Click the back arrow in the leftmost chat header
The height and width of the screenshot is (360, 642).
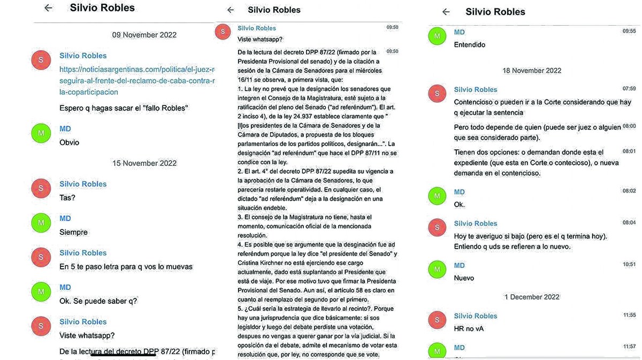(x=49, y=8)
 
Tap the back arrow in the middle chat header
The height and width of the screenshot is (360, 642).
(x=231, y=10)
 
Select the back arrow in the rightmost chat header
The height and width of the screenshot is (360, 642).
(x=446, y=12)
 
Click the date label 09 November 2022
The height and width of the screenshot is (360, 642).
(x=144, y=35)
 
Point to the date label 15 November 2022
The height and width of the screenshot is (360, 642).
(x=144, y=163)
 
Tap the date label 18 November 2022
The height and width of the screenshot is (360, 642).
(x=531, y=71)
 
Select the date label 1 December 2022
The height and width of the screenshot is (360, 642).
(x=531, y=297)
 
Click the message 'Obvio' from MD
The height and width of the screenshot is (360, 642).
(x=69, y=142)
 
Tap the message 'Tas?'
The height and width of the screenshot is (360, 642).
(x=67, y=197)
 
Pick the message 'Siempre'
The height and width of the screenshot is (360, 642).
(x=73, y=232)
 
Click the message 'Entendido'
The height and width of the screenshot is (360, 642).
(x=469, y=45)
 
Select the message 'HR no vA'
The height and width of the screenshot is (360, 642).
(x=469, y=328)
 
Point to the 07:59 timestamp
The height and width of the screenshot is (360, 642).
(x=629, y=89)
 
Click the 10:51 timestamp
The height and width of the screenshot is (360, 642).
(x=629, y=265)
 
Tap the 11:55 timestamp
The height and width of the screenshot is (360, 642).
(x=629, y=316)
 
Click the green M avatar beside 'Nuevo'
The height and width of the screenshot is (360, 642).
(x=437, y=270)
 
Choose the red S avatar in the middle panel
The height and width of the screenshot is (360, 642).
(x=223, y=32)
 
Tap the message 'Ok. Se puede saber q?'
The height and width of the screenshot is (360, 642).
(x=98, y=301)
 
